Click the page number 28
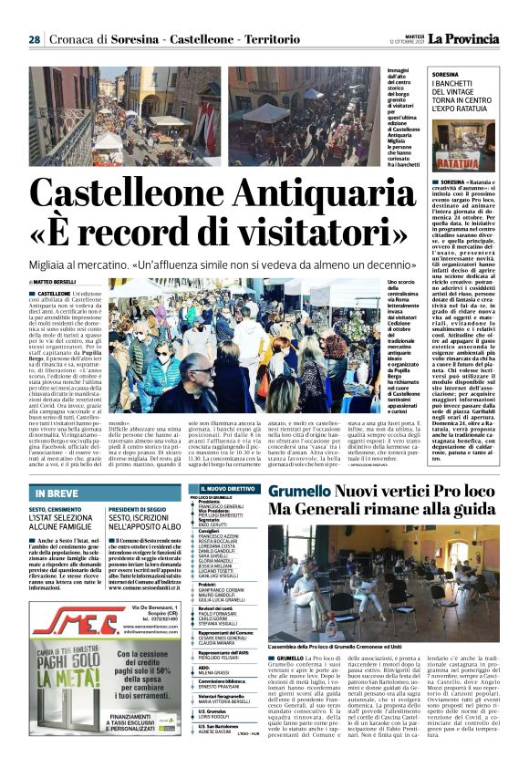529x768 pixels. coord(34,39)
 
